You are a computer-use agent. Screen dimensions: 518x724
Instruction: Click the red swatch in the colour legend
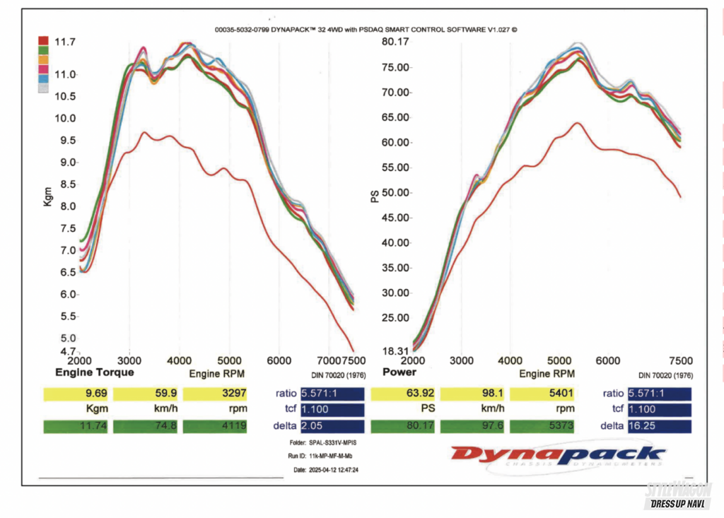pyautogui.click(x=43, y=41)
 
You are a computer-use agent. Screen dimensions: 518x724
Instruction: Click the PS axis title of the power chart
pyautogui.click(x=375, y=196)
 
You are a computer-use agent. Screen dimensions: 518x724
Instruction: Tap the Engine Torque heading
pyautogui.click(x=95, y=372)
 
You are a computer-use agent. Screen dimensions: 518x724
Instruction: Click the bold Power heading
pyautogui.click(x=399, y=372)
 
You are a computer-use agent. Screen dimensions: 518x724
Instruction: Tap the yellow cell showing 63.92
pyautogui.click(x=402, y=394)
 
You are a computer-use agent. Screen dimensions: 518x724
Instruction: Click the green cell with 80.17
pyautogui.click(x=402, y=426)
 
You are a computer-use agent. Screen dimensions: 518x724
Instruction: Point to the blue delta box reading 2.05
pyautogui.click(x=332, y=426)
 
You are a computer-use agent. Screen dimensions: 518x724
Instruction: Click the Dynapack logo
pyautogui.click(x=558, y=457)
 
